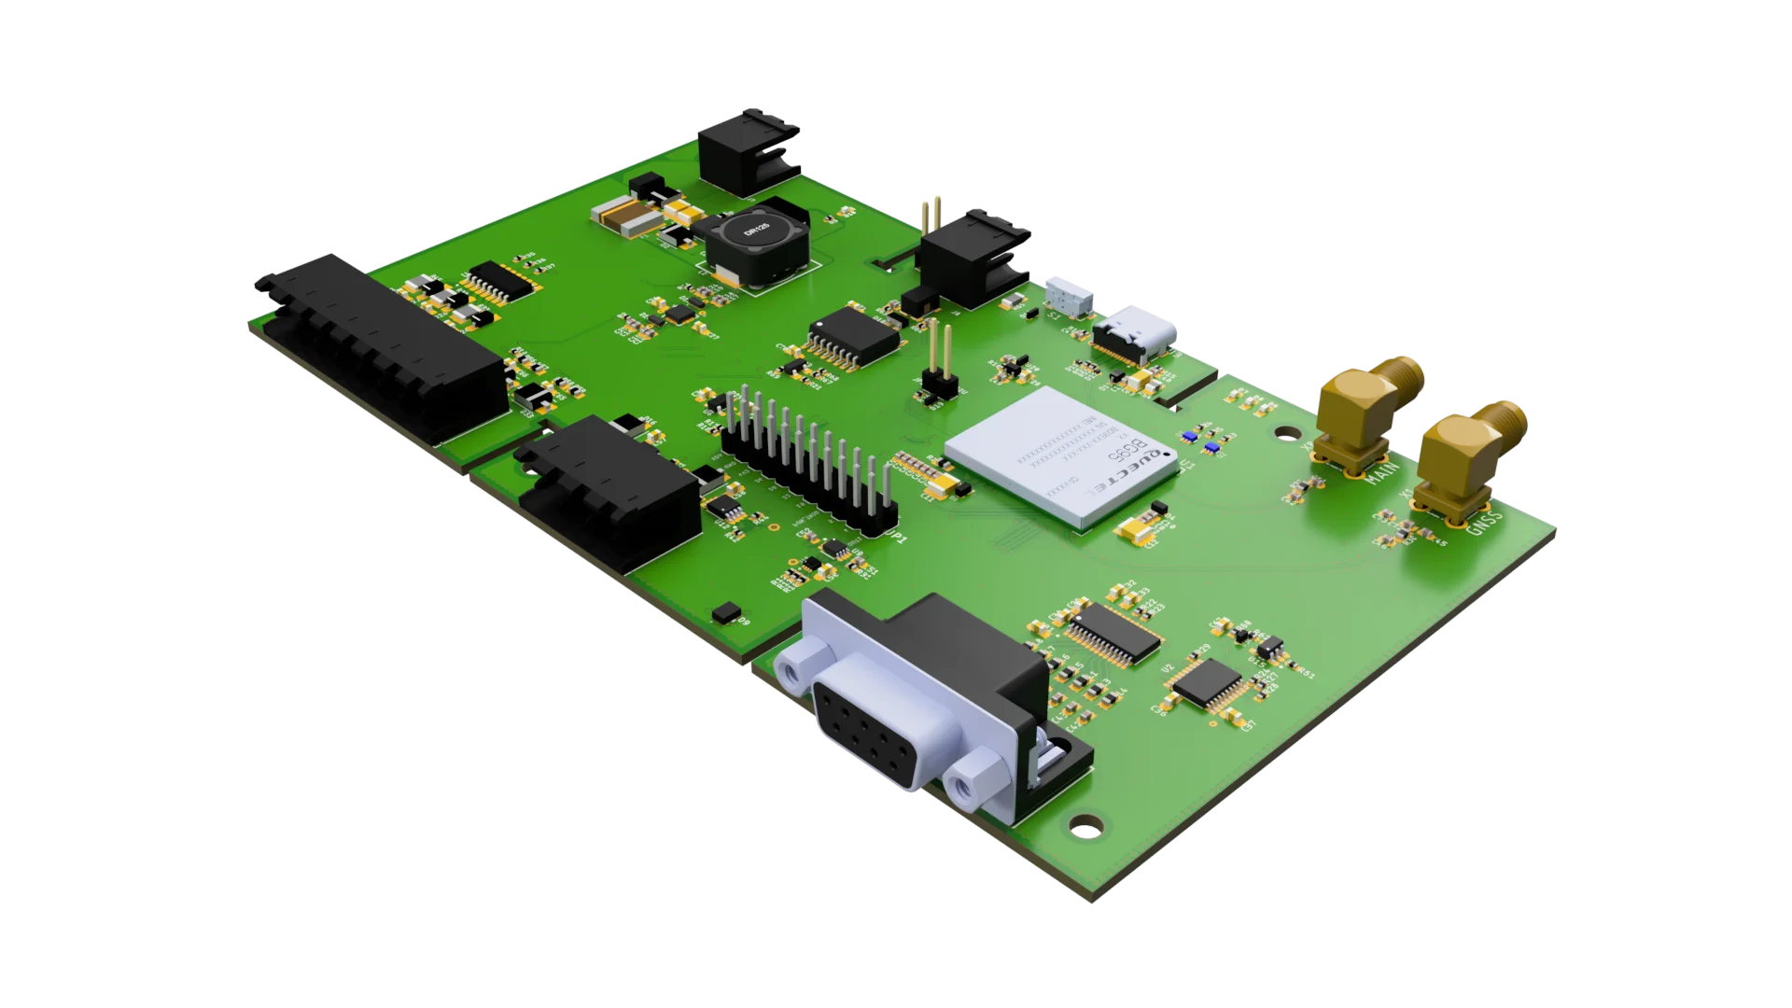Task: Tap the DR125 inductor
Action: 754,240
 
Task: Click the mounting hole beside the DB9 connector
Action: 1085,824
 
